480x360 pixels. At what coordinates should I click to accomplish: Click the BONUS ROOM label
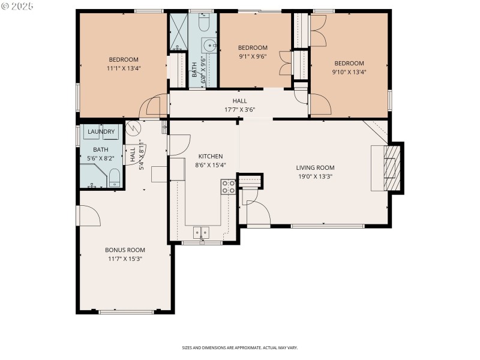pos(125,250)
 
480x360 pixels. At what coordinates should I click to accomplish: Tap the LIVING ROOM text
pos(315,168)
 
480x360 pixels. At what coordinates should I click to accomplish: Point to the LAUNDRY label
pos(101,131)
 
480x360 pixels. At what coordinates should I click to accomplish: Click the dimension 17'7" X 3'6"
pos(239,110)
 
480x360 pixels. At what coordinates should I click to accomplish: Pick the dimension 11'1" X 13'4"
pos(124,68)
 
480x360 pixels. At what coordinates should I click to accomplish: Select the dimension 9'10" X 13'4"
pos(349,72)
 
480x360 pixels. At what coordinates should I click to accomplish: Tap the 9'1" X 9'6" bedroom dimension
pos(252,56)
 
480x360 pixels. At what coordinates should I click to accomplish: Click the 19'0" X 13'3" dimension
pos(315,176)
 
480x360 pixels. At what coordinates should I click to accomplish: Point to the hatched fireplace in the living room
pos(390,168)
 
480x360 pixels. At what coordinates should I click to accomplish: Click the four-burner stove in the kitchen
pos(228,187)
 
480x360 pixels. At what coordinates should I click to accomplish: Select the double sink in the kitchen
pos(201,232)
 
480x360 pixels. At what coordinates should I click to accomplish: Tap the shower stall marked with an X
pos(178,25)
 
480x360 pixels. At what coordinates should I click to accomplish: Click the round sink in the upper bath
pos(209,44)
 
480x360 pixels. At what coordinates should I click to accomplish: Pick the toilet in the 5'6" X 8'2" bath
pos(115,176)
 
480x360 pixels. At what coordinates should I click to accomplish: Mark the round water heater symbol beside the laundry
pos(133,127)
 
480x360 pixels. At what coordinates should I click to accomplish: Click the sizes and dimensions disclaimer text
pos(240,347)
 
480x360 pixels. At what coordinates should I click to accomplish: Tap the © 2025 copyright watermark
pos(18,7)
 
